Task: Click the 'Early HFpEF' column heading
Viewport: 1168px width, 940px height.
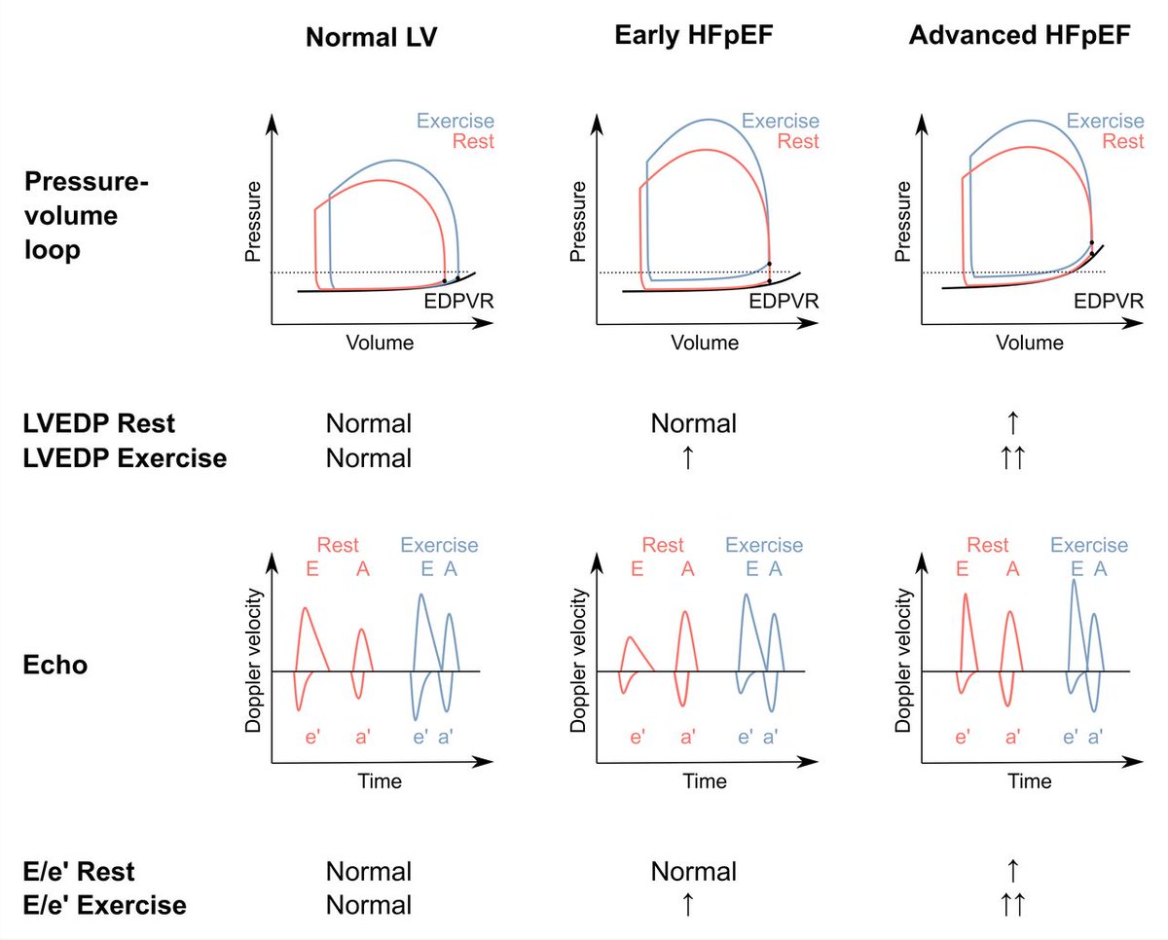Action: click(x=693, y=36)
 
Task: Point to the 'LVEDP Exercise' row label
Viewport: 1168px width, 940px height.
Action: click(x=124, y=457)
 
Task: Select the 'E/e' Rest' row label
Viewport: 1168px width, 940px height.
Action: click(x=80, y=870)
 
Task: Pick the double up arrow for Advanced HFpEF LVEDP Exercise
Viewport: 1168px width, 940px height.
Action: click(x=1012, y=457)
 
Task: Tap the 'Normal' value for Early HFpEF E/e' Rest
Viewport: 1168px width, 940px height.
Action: click(x=693, y=870)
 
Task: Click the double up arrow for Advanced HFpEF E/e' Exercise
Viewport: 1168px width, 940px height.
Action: click(x=1012, y=904)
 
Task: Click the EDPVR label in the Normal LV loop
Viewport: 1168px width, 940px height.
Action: click(x=457, y=301)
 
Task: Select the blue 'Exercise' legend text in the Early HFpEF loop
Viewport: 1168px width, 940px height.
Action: click(x=780, y=122)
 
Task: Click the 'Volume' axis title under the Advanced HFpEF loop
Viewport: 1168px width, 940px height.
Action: click(x=1030, y=343)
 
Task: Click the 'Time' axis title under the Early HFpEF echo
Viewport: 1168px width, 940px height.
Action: click(x=704, y=781)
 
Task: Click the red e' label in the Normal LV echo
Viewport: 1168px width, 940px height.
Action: click(x=312, y=739)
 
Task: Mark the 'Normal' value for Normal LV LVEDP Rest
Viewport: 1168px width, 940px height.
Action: click(x=369, y=423)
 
